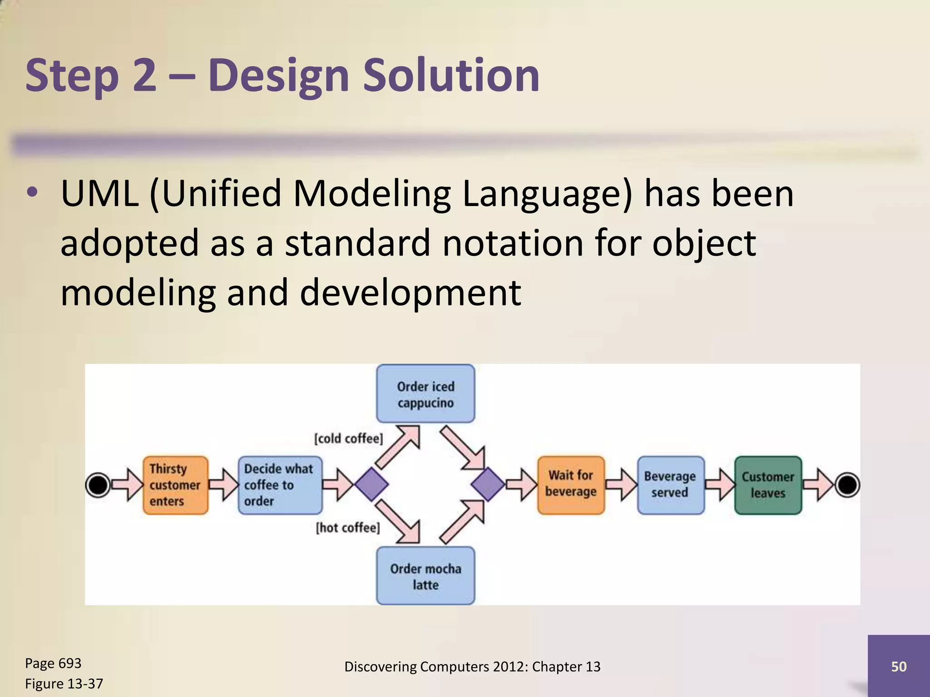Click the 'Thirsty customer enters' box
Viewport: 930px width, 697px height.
pyautogui.click(x=175, y=485)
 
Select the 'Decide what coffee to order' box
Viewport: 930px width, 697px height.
pyautogui.click(x=280, y=485)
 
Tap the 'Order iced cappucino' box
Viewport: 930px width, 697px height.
pyautogui.click(x=425, y=394)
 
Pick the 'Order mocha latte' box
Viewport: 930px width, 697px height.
pyautogui.click(x=425, y=576)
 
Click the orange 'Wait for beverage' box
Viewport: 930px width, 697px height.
pyautogui.click(x=571, y=485)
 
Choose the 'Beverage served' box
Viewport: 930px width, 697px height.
pyautogui.click(x=670, y=485)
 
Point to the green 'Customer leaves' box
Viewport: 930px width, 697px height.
pyautogui.click(x=768, y=485)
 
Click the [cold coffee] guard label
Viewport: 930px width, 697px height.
pyautogui.click(x=348, y=438)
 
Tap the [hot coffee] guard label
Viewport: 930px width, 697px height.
pyautogui.click(x=348, y=528)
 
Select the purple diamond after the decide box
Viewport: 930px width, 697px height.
pyautogui.click(x=371, y=485)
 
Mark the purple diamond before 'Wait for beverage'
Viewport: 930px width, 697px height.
pyautogui.click(x=488, y=485)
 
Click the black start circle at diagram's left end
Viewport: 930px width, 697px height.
pyautogui.click(x=98, y=485)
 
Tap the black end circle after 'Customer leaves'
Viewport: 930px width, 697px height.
pyautogui.click(x=847, y=485)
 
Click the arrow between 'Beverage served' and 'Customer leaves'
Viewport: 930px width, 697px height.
pyautogui.click(x=720, y=485)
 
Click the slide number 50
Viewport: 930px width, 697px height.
pyautogui.click(x=899, y=666)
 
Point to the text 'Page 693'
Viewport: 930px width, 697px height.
pyautogui.click(x=53, y=663)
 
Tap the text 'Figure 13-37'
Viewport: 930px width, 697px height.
pyautogui.click(x=64, y=683)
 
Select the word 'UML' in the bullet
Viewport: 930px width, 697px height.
pyautogui.click(x=99, y=194)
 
